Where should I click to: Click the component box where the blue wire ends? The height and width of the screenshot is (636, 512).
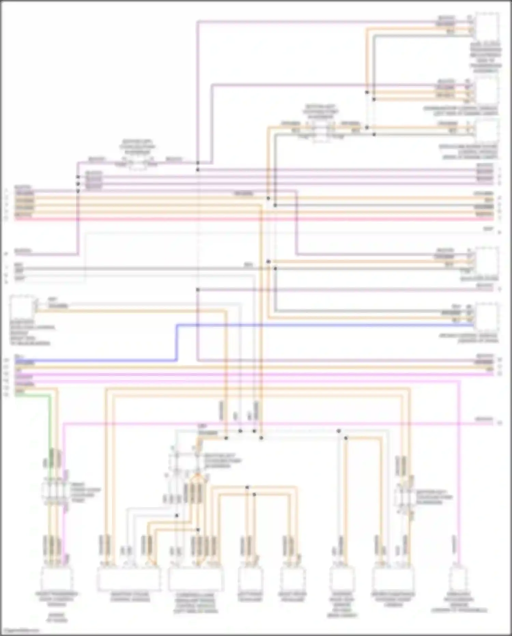(486, 316)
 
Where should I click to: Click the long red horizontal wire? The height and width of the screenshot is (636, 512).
(253, 219)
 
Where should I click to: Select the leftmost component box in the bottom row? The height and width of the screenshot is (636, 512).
(57, 579)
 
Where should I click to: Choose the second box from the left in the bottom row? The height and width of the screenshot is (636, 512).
(129, 579)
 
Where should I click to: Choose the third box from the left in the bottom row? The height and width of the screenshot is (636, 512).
(196, 579)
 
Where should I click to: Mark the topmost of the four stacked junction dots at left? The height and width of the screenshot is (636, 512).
(78, 177)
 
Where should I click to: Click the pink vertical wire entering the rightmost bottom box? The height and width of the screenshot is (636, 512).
(459, 478)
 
